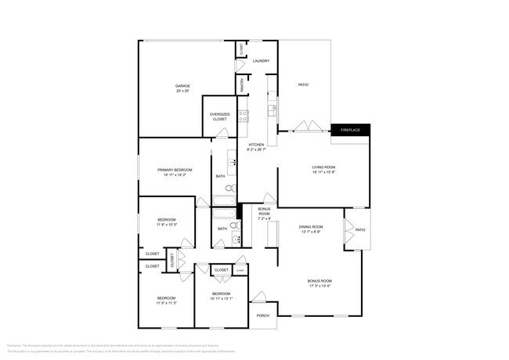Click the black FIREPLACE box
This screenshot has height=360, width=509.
[x=350, y=130]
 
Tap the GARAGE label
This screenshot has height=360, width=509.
[x=182, y=85]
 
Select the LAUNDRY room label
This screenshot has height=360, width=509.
[x=261, y=60]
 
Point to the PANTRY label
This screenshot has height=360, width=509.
[x=242, y=84]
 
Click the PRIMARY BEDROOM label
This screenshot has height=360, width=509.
[x=174, y=170]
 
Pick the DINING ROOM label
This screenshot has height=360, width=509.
[x=310, y=226]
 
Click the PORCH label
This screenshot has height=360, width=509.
[x=263, y=315]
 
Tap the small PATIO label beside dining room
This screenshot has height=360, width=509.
[x=360, y=230]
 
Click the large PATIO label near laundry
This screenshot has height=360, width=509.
[x=303, y=85]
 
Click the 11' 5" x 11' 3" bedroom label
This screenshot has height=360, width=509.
[x=166, y=300]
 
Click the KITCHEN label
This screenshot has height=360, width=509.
[x=257, y=146]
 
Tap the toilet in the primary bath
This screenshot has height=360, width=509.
[x=229, y=189]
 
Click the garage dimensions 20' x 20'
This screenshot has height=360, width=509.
[x=182, y=91]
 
